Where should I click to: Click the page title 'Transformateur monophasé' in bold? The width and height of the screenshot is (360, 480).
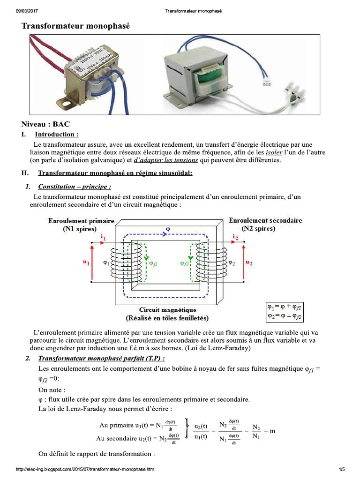pos(75,27)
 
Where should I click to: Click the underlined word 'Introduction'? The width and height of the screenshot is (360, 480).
pos(60,135)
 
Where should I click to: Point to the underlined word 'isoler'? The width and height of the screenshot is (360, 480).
pos(274,153)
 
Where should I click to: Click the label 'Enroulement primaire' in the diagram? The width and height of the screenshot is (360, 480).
pos(81,221)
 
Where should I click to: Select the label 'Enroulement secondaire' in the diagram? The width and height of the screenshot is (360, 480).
pos(265,220)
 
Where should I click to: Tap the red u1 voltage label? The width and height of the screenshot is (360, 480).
pos(86,263)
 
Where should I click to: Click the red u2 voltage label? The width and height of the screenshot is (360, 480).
pos(248,263)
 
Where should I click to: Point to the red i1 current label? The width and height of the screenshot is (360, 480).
pos(104,238)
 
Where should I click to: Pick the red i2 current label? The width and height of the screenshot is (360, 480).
pos(235,238)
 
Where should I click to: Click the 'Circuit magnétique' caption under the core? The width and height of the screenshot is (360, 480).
pos(167,310)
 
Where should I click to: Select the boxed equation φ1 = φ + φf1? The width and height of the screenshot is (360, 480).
pos(285,307)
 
